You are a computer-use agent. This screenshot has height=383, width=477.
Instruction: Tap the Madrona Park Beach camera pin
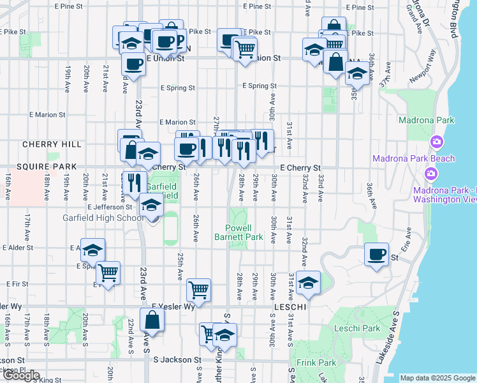(437, 142)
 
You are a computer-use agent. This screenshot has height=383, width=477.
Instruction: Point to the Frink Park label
(316, 363)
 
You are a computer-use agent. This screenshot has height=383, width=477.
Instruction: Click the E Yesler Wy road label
(173, 306)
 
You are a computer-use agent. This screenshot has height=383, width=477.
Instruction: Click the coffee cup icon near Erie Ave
(376, 254)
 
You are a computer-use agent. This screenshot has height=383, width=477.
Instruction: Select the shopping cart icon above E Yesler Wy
(199, 289)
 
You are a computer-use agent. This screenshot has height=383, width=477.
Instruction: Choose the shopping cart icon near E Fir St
(108, 273)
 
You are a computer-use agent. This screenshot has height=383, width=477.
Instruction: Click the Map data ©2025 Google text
(437, 378)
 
